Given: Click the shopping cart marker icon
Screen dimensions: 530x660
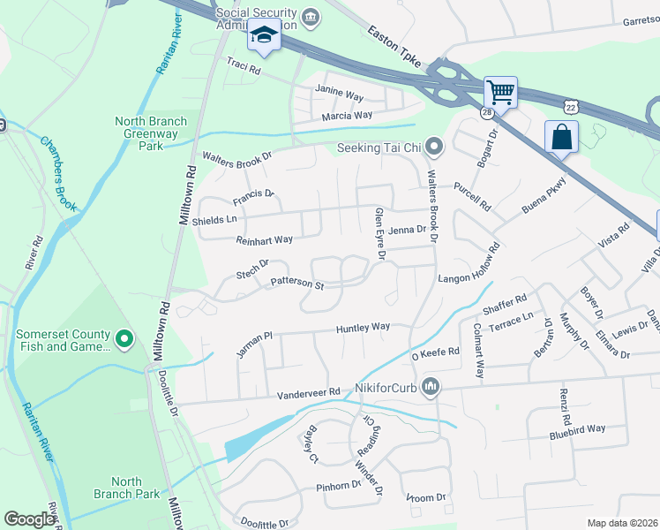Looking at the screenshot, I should [x=500, y=90].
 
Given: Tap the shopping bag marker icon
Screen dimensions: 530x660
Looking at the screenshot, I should [x=561, y=137].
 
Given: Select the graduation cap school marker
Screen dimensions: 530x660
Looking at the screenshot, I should [x=263, y=35].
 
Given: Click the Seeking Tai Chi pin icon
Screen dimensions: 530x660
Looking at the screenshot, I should [x=433, y=147].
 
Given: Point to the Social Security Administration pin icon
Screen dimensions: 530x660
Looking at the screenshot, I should [x=311, y=16].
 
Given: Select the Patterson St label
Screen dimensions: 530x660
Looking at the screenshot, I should [x=297, y=284].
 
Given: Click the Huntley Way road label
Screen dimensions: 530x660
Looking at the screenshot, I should [x=363, y=327].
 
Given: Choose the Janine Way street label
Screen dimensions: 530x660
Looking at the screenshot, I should [x=340, y=89].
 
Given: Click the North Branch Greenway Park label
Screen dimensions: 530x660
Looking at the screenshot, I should [x=150, y=128].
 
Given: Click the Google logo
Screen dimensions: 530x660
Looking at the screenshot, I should [x=29, y=519].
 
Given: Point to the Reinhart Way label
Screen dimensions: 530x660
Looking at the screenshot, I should [x=264, y=240].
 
